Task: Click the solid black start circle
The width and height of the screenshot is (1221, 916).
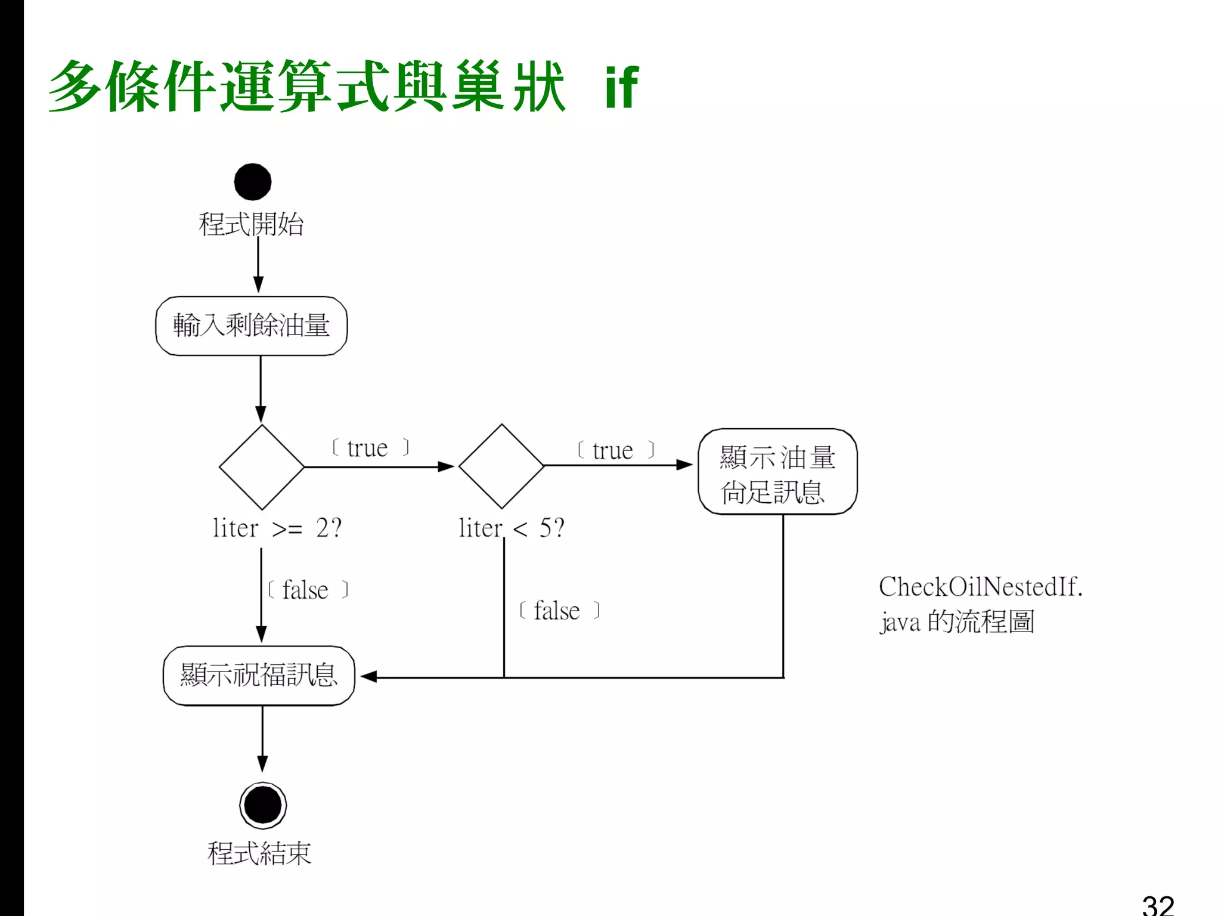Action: [252, 182]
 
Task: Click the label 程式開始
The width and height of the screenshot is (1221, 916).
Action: [251, 224]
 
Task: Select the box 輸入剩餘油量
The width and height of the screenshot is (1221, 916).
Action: [251, 326]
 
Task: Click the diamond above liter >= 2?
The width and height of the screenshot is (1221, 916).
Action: [261, 466]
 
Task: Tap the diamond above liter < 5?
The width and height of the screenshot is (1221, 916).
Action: [501, 466]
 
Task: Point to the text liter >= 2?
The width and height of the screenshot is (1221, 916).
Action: [277, 528]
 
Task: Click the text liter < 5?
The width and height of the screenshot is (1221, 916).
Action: [511, 528]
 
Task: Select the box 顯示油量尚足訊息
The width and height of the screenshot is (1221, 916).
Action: [777, 472]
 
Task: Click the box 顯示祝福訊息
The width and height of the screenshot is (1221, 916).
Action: [259, 676]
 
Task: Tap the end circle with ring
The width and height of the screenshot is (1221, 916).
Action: [262, 805]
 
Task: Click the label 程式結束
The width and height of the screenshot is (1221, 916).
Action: [259, 853]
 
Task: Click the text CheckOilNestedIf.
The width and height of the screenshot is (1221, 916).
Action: [980, 587]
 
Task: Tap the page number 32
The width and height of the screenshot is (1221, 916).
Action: [1157, 904]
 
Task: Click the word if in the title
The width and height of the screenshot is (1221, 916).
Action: [621, 88]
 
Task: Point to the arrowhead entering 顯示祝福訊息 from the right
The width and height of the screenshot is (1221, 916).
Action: [368, 676]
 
